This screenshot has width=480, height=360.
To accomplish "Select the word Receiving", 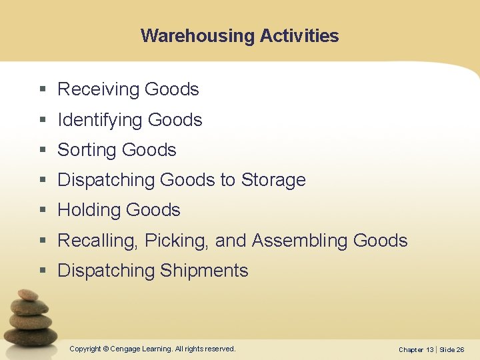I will (99, 89).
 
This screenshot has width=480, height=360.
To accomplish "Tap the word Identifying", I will (101, 120).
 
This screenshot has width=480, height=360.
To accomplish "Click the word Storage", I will (273, 180).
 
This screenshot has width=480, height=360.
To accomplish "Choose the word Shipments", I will (204, 271).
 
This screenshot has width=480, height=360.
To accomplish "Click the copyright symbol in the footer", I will (107, 349).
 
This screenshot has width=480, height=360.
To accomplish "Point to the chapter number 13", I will (429, 349).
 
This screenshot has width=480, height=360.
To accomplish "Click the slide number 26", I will (460, 349).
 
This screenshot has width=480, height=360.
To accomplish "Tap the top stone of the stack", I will (27, 295).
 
